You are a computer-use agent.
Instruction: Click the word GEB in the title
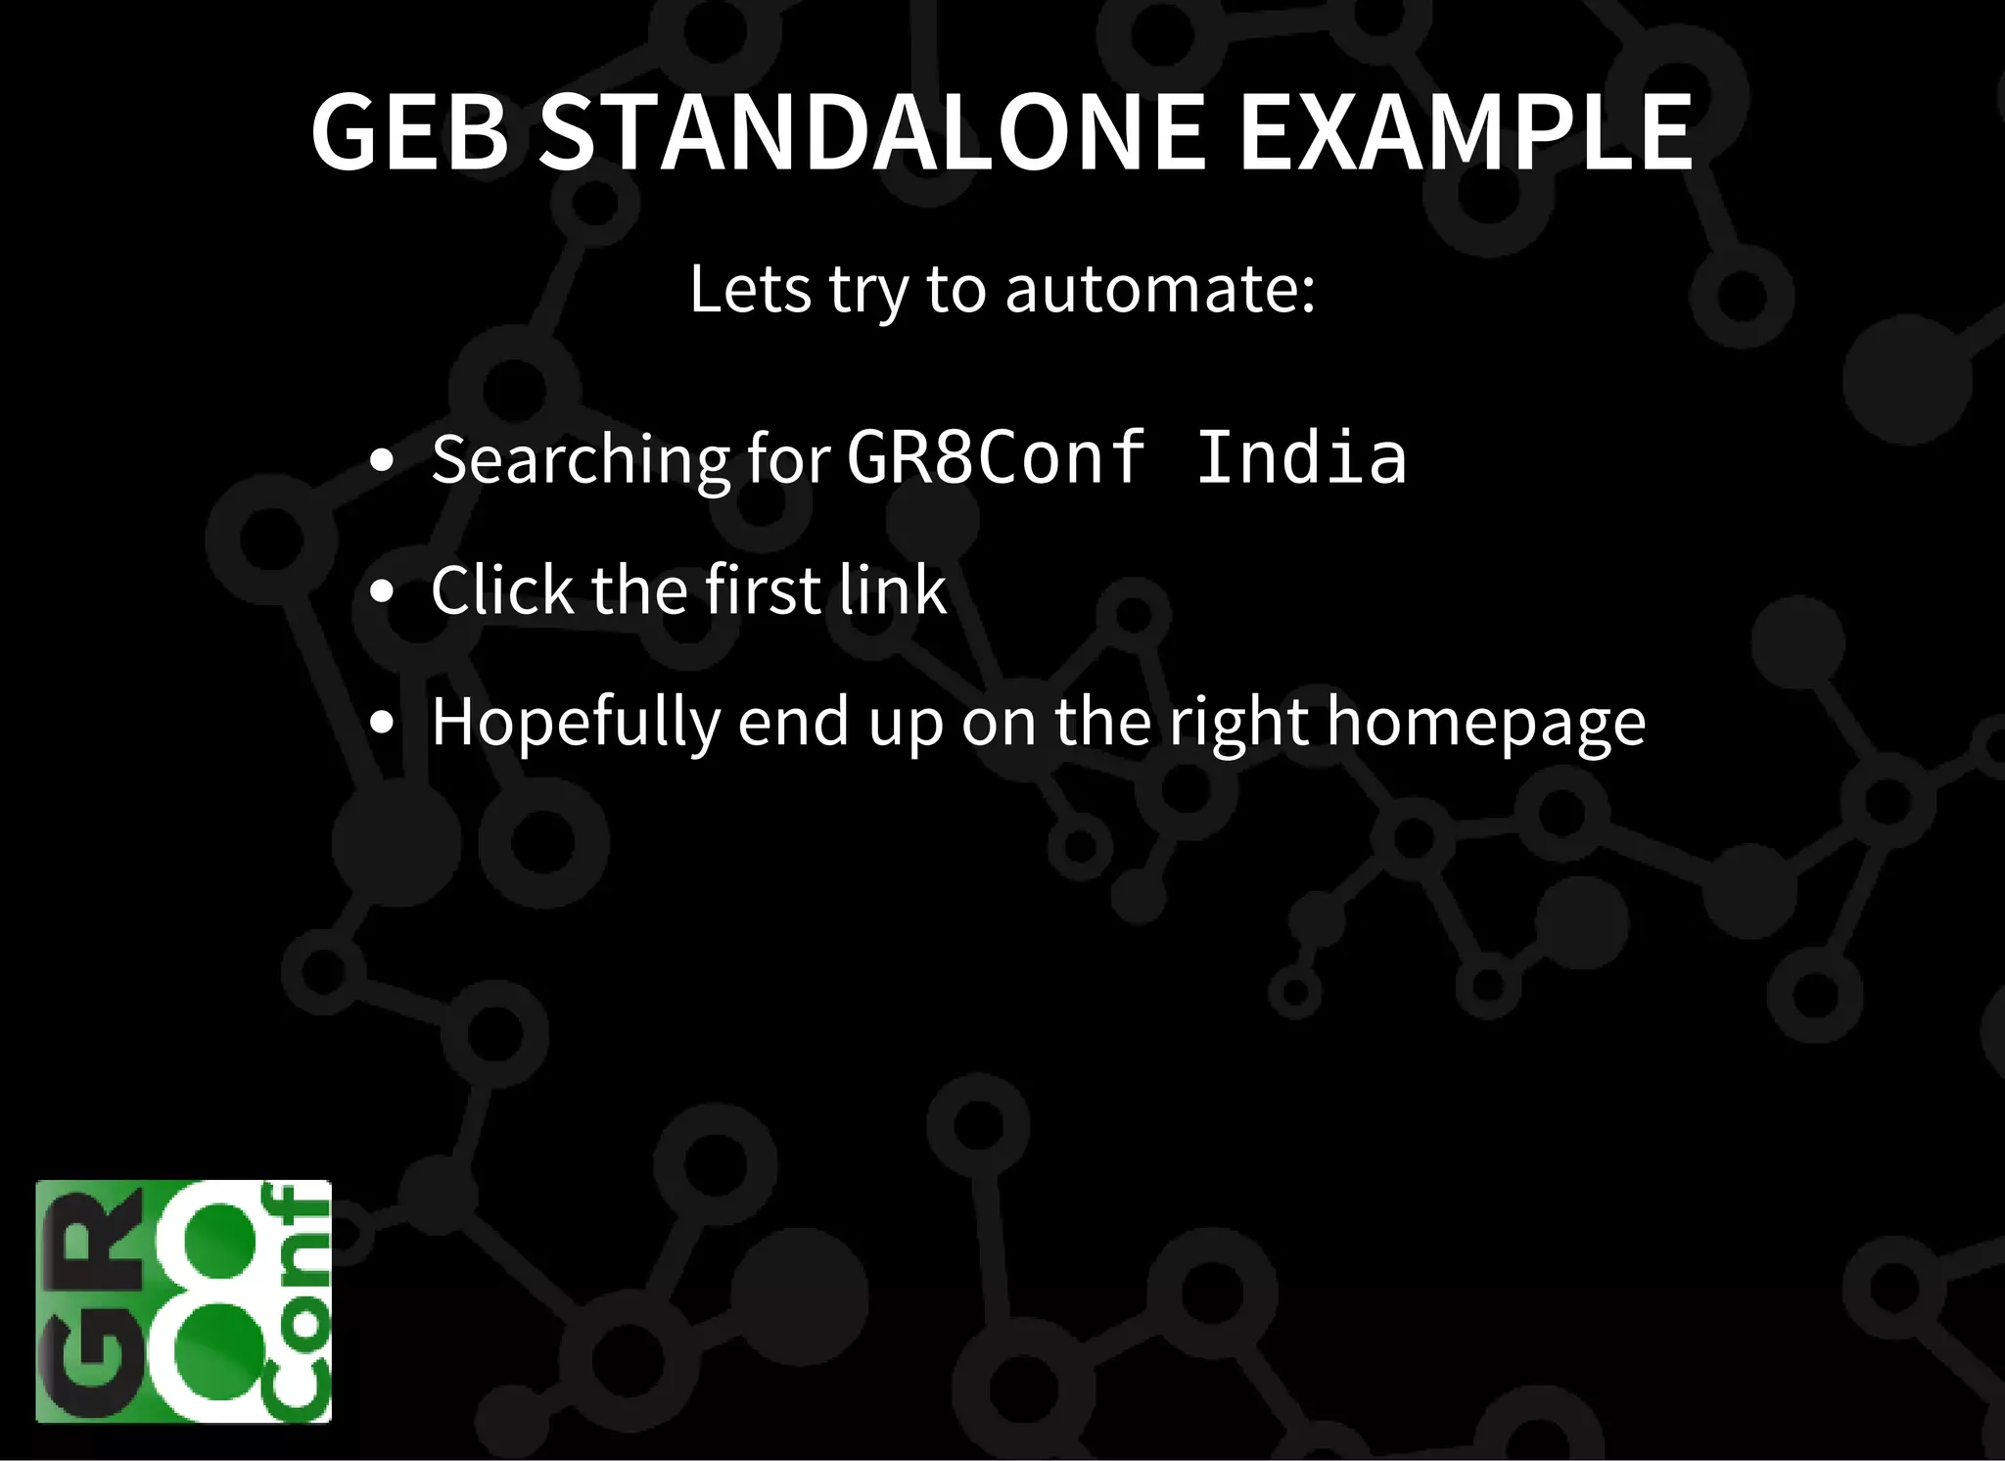click(410, 132)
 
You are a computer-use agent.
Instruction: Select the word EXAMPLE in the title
click(1467, 132)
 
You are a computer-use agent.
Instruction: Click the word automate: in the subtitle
click(1160, 290)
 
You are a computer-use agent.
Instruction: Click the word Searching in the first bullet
click(581, 459)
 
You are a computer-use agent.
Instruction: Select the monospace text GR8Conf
click(996, 457)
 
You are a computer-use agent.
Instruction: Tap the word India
click(1301, 457)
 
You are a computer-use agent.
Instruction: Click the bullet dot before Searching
click(383, 460)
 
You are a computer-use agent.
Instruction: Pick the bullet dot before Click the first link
click(383, 592)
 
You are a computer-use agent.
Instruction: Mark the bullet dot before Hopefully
click(383, 724)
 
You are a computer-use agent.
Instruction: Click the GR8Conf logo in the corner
click(183, 1301)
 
